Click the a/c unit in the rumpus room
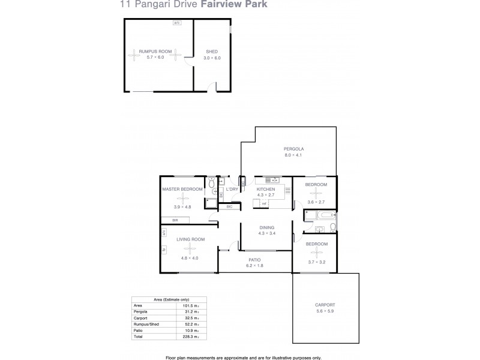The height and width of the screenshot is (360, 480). point(176,23)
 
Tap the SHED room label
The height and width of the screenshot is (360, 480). point(212,52)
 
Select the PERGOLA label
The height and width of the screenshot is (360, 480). point(294,149)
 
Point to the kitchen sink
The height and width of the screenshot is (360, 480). point(271,179)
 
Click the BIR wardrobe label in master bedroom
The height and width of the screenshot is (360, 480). point(175,221)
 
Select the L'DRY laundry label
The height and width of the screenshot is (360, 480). point(232,190)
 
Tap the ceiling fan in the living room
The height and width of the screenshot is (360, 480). point(190,248)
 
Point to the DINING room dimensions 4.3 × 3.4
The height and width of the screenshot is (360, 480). point(267,233)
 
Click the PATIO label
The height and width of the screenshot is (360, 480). point(255,259)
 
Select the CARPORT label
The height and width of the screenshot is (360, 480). point(325,305)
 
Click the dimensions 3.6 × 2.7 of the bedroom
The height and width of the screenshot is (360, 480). point(315,203)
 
